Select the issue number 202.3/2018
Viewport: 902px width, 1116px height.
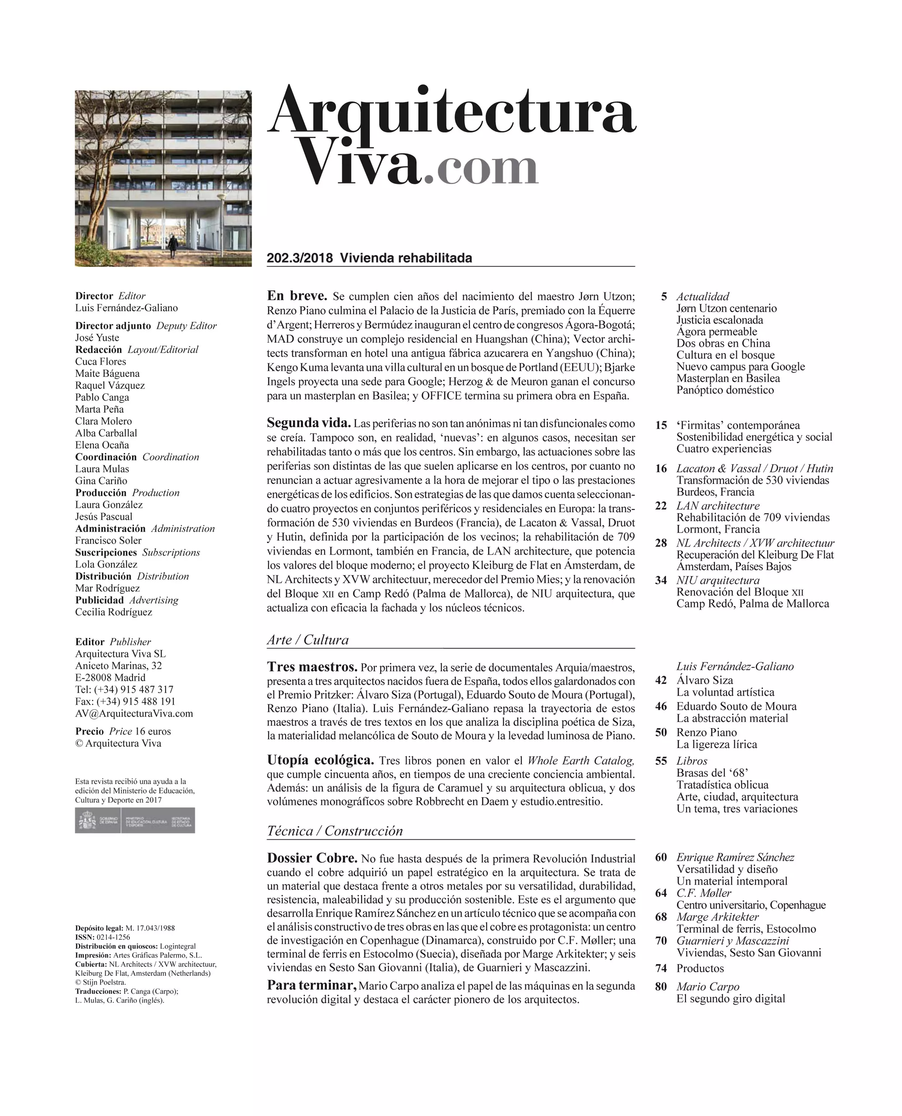pyautogui.click(x=300, y=258)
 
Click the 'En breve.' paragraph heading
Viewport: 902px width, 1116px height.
pyautogui.click(x=297, y=296)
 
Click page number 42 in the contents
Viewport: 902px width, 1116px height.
pyautogui.click(x=661, y=680)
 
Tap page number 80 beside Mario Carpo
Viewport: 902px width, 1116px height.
pyautogui.click(x=661, y=987)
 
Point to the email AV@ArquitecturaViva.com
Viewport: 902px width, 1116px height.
pyautogui.click(x=134, y=713)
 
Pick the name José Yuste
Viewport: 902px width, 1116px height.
pyautogui.click(x=97, y=338)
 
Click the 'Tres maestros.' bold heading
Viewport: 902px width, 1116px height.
pyautogui.click(x=312, y=667)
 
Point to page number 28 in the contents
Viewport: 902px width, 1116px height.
pyautogui.click(x=661, y=543)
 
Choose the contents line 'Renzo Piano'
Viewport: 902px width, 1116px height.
pyautogui.click(x=707, y=733)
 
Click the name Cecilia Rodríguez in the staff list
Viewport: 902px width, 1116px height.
pyautogui.click(x=114, y=612)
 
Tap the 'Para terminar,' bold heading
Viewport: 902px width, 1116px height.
pyautogui.click(x=312, y=986)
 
